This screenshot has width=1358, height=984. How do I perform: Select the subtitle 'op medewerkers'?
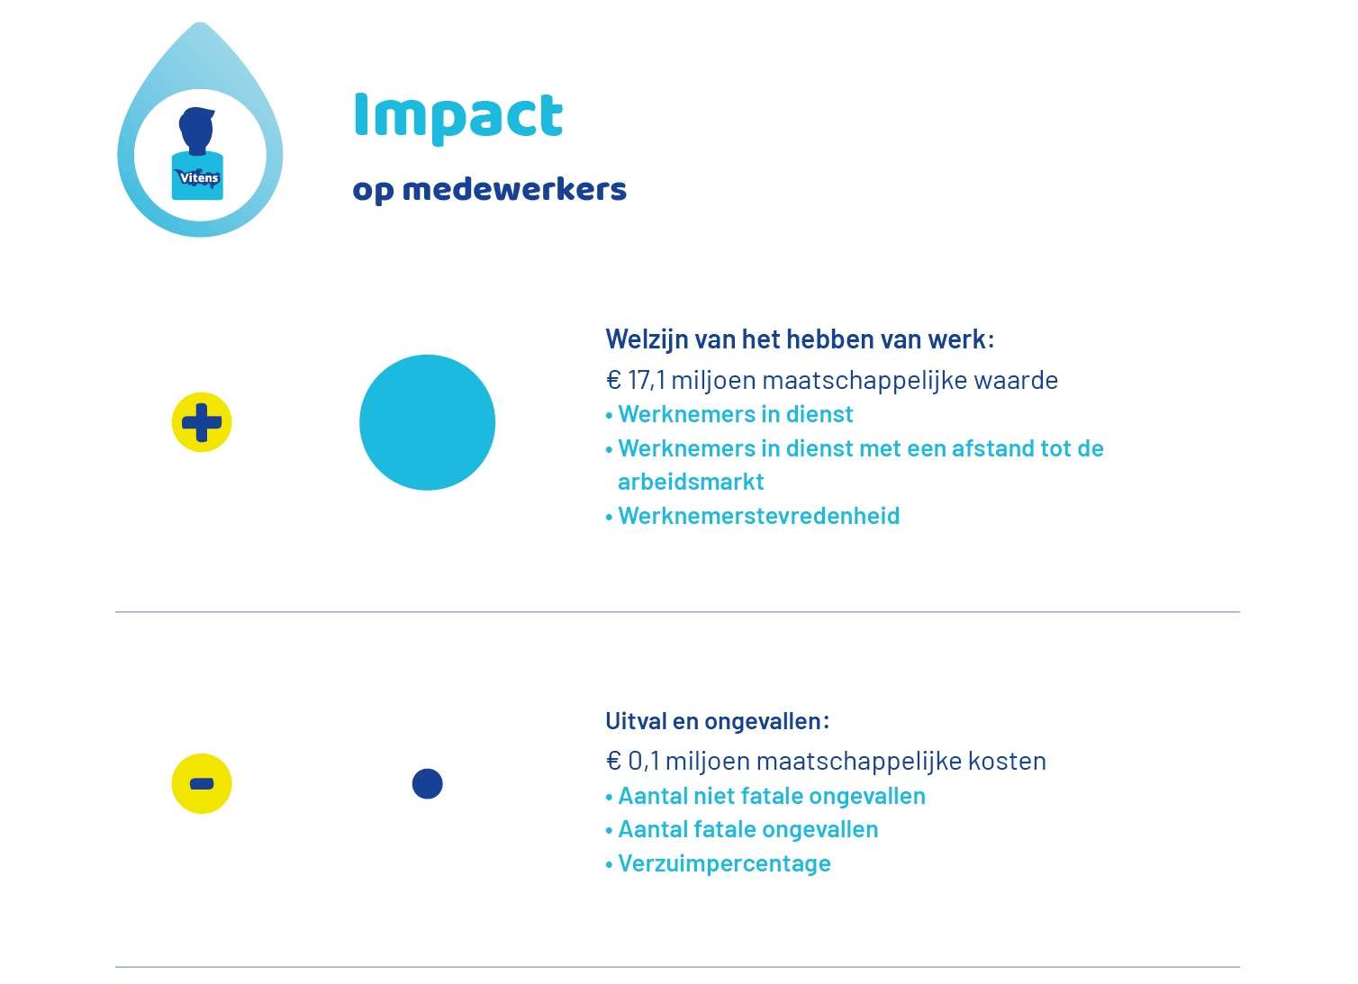pyautogui.click(x=489, y=190)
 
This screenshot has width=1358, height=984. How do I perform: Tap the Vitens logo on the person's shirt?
pyautogui.click(x=198, y=178)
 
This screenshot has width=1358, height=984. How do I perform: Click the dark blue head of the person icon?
pyautogui.click(x=197, y=130)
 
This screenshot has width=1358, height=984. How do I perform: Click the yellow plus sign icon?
pyautogui.click(x=202, y=422)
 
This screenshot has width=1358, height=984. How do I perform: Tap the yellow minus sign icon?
pyautogui.click(x=202, y=783)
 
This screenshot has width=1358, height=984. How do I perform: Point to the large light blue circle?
pyautogui.click(x=428, y=422)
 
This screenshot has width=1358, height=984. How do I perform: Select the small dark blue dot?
pyautogui.click(x=428, y=783)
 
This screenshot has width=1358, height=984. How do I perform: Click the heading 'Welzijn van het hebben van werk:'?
pyautogui.click(x=800, y=340)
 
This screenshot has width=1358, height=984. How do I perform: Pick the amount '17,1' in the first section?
pyautogui.click(x=647, y=381)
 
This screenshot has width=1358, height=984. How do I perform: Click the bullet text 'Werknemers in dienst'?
pyautogui.click(x=736, y=414)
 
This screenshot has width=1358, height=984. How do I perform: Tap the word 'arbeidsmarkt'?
pyautogui.click(x=691, y=482)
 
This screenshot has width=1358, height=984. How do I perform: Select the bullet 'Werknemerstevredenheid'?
pyautogui.click(x=759, y=516)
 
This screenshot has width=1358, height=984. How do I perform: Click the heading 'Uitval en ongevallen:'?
pyautogui.click(x=717, y=721)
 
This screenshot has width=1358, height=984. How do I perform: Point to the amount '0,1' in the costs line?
pyautogui.click(x=643, y=762)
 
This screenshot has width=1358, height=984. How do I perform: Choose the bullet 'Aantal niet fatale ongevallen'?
pyautogui.click(x=772, y=796)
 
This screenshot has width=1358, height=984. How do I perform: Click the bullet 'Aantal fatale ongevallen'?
pyautogui.click(x=748, y=829)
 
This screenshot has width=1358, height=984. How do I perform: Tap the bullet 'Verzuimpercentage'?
pyautogui.click(x=724, y=864)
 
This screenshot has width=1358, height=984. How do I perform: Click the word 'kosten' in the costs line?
pyautogui.click(x=1007, y=762)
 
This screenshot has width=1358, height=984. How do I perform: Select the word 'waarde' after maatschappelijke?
pyautogui.click(x=1016, y=381)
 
